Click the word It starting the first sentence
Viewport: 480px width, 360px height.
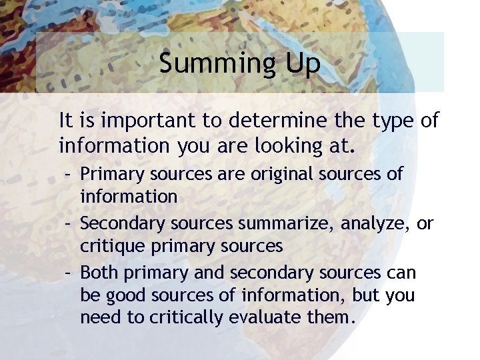[x=66, y=121]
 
